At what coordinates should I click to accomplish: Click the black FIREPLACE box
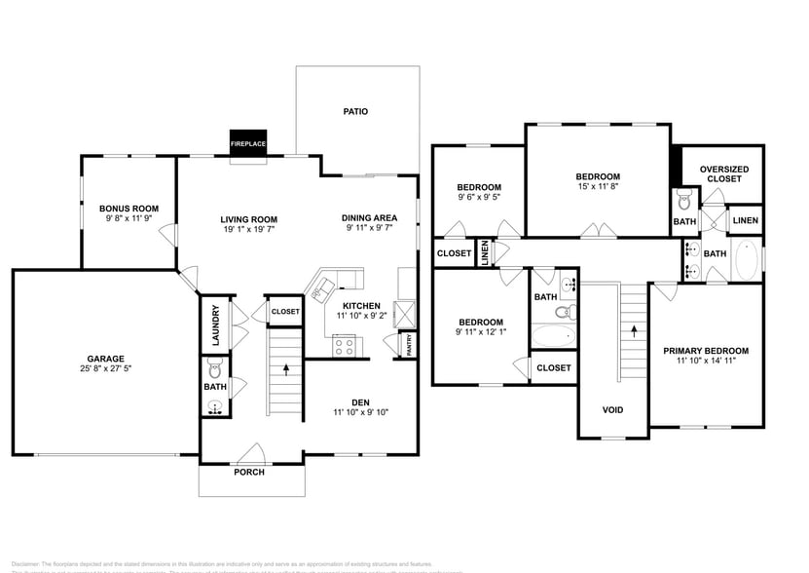(248, 142)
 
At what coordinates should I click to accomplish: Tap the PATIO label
(355, 111)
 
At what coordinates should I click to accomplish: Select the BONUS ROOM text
(129, 209)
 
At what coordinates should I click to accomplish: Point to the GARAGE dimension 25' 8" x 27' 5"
(105, 369)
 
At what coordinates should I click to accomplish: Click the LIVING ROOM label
(249, 219)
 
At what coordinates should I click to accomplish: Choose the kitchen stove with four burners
(344, 344)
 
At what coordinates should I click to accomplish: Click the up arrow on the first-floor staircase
(285, 369)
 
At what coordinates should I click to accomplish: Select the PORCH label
(249, 473)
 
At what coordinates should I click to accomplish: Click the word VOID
(612, 409)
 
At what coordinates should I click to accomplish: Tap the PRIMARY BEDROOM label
(706, 351)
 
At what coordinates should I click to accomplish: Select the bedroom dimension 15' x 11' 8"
(597, 186)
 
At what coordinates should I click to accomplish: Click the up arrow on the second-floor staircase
(635, 329)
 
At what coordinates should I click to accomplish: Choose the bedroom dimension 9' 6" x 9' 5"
(479, 197)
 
